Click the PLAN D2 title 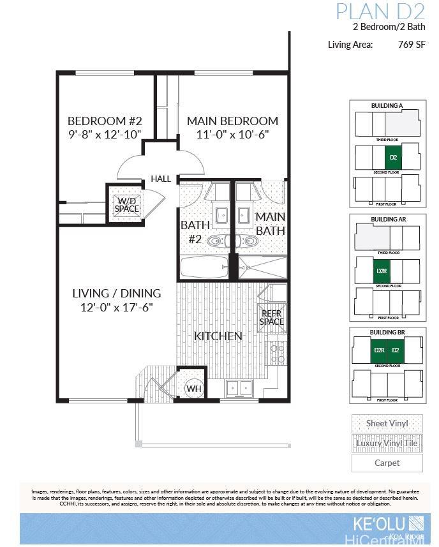coord(380,11)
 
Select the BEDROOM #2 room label coord(105,121)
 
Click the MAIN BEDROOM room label coord(232,121)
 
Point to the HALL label coord(161,179)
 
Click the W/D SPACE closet coord(127,204)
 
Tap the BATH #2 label coord(193,232)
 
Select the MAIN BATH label coord(270,223)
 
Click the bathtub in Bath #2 coord(203,267)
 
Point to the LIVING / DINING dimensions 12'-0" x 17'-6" coord(116,307)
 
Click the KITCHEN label coord(218,336)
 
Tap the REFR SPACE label coord(271,317)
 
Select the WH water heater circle coord(193,388)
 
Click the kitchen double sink coord(239,388)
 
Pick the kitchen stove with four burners coord(276,352)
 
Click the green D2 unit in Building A coord(394,157)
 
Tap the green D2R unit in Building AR coord(382,271)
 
